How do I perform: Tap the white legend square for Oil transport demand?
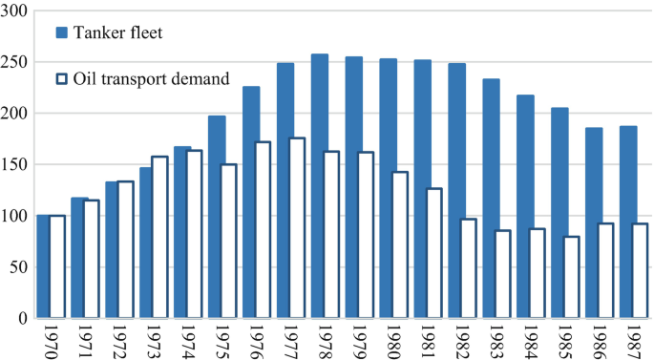[x=62, y=79]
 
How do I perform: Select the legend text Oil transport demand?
[x=152, y=79]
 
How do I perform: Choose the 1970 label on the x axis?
[x=50, y=340]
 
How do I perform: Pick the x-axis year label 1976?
[x=255, y=340]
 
